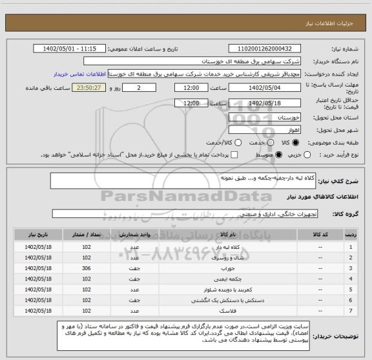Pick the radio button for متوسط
(280, 155)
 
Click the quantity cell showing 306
(87, 267)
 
